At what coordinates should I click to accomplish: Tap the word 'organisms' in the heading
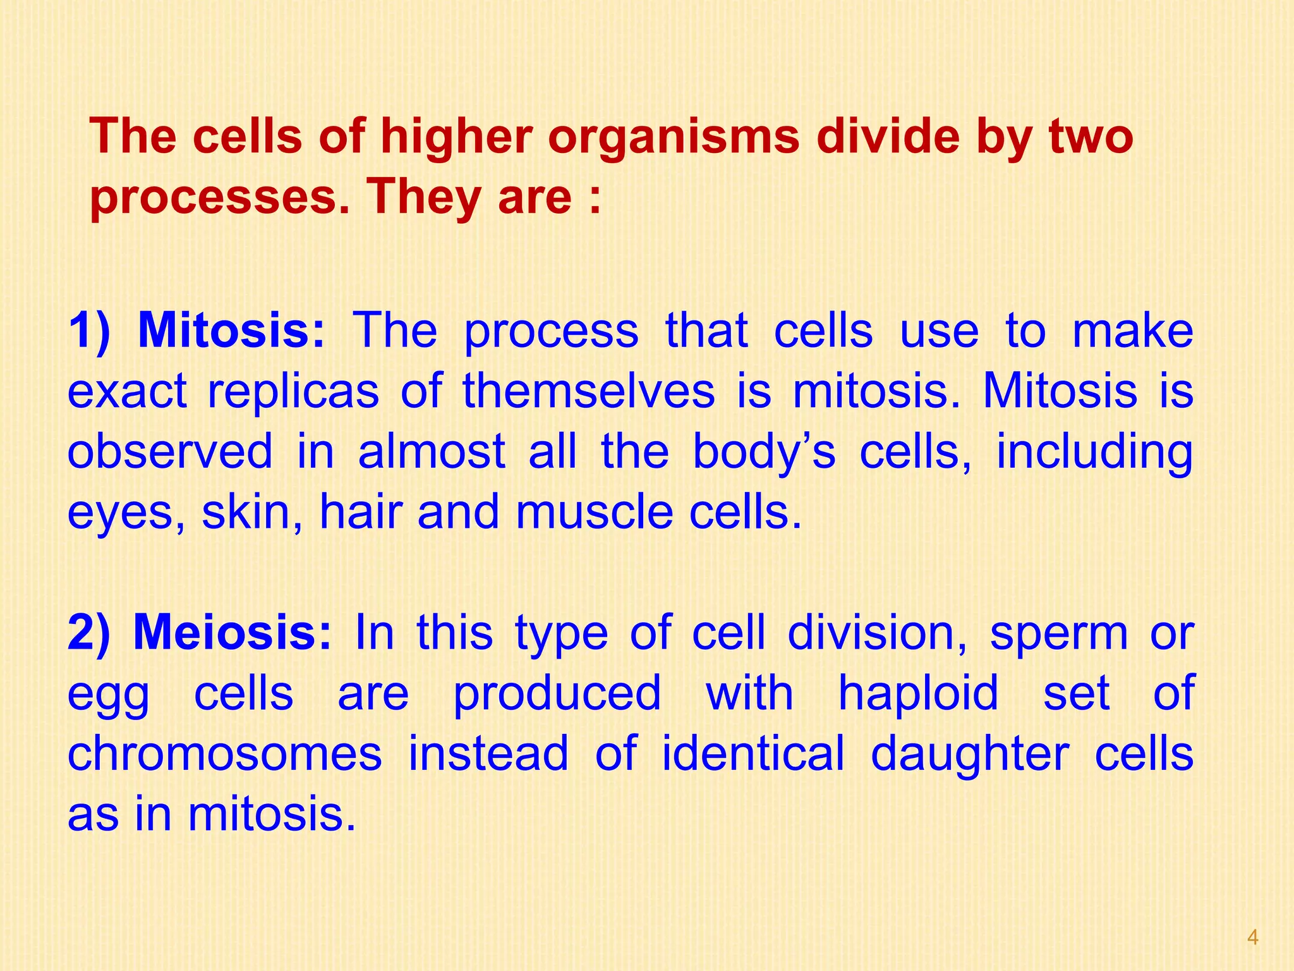[674, 138]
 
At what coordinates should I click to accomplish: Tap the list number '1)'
[89, 330]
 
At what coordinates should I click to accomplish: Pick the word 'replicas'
[293, 391]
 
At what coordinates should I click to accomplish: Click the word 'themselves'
[589, 391]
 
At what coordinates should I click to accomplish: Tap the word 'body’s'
[764, 453]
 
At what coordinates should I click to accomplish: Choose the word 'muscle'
[595, 511]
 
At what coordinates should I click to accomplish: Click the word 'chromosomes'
[224, 754]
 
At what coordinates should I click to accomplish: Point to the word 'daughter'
[969, 755]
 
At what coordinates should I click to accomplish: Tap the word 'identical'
[753, 754]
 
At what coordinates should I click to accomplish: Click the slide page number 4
[1253, 937]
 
